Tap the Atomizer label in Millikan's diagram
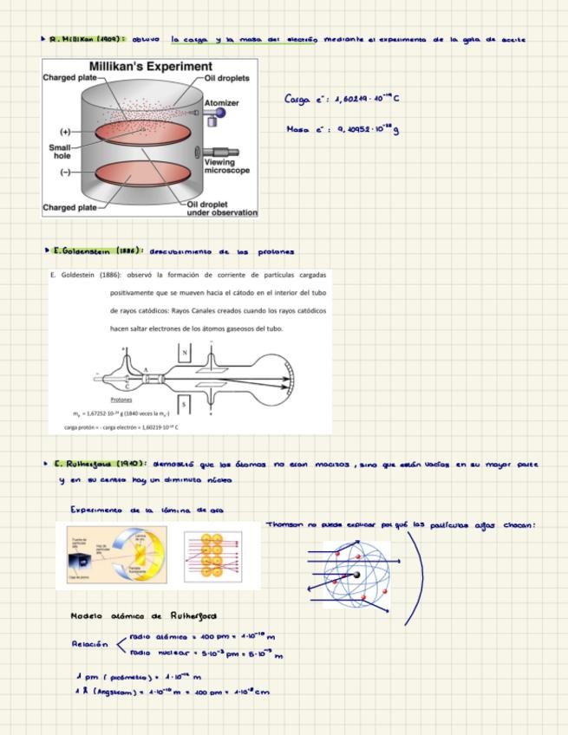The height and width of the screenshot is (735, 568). (x=221, y=102)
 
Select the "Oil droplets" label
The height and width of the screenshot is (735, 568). (x=227, y=78)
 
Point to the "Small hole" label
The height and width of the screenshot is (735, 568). (x=58, y=152)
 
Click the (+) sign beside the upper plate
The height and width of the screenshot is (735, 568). (x=65, y=132)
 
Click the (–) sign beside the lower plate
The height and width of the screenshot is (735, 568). (x=65, y=172)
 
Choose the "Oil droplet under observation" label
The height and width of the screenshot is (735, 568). (x=222, y=209)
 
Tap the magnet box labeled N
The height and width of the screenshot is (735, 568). (x=184, y=353)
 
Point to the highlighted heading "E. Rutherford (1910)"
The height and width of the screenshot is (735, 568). (x=100, y=464)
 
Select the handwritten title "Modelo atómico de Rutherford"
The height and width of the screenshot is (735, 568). (x=144, y=615)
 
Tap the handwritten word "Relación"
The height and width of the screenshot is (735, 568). (x=90, y=644)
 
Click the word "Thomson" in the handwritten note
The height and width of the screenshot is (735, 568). (x=284, y=524)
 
